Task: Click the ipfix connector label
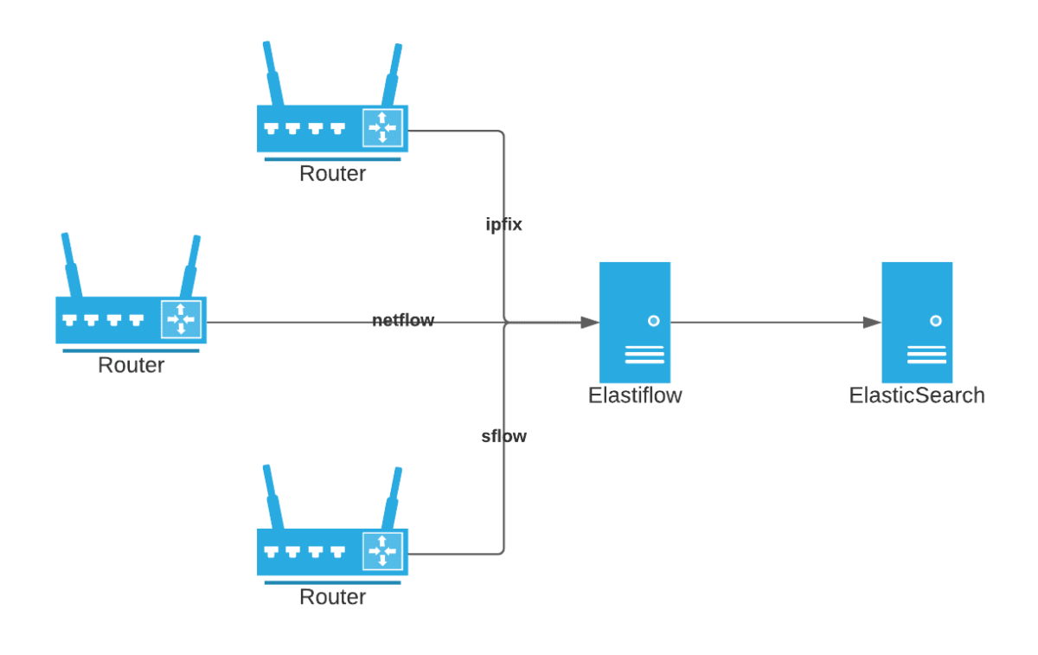(x=503, y=225)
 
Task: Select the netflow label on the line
(x=403, y=321)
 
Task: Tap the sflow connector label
(x=503, y=436)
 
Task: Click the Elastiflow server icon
(x=635, y=322)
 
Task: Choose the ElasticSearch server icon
(x=917, y=322)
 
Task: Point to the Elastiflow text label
(x=635, y=395)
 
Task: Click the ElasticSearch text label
(x=917, y=395)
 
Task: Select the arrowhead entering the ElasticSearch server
(x=872, y=322)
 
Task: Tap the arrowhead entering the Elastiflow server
(x=590, y=322)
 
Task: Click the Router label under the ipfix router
(x=332, y=174)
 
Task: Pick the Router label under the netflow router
(x=131, y=365)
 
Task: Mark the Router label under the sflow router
(x=332, y=597)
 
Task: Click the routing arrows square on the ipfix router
(x=382, y=128)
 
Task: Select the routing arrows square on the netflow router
(x=181, y=319)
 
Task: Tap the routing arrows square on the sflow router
(x=382, y=551)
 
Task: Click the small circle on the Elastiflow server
(x=653, y=320)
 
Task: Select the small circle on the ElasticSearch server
(x=935, y=320)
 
